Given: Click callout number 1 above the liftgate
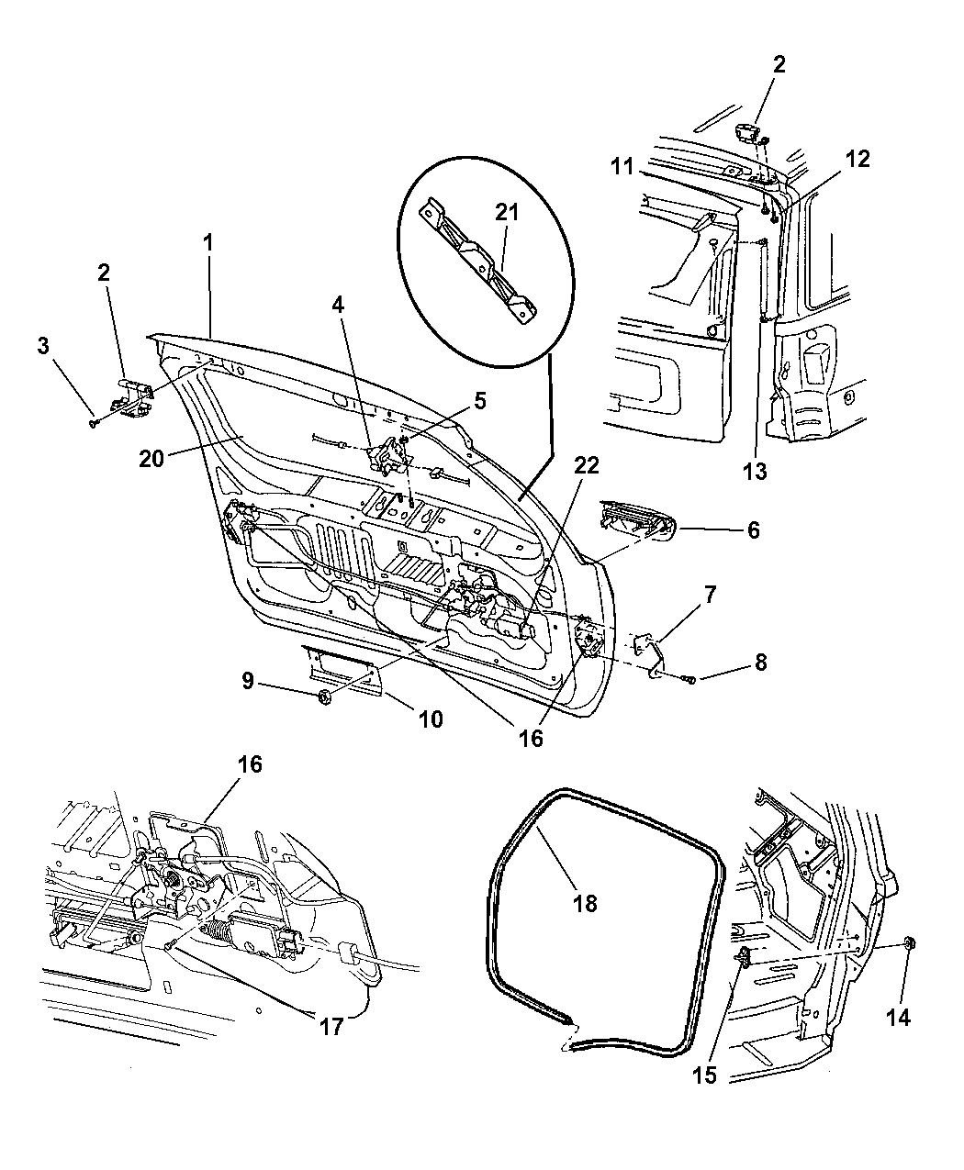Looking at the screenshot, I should point(208,243).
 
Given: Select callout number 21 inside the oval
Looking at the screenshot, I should point(507,213).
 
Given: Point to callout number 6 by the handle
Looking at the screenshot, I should point(753,529).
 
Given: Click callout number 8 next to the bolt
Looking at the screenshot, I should point(759,663).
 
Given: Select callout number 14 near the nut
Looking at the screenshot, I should point(899,1018).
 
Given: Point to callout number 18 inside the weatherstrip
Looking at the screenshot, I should point(584,903).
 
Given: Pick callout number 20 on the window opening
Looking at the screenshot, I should point(151,456).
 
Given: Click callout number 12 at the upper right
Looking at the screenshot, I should point(857,158).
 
